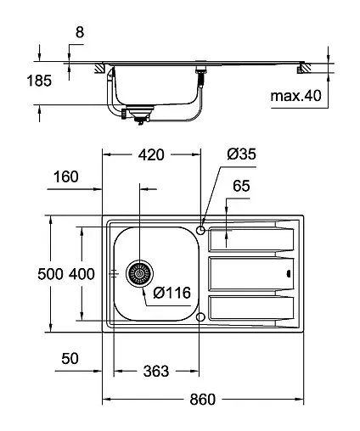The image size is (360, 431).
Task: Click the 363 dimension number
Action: click(x=156, y=372)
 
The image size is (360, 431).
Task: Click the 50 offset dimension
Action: click(x=70, y=359)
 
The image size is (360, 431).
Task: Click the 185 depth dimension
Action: click(x=39, y=81)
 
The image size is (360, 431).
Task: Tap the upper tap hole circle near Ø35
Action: click(x=200, y=229)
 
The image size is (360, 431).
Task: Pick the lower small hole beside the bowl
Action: click(x=200, y=317)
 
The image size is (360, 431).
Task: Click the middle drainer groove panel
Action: click(x=251, y=273)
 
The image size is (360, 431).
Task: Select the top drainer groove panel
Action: click(x=251, y=238)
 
